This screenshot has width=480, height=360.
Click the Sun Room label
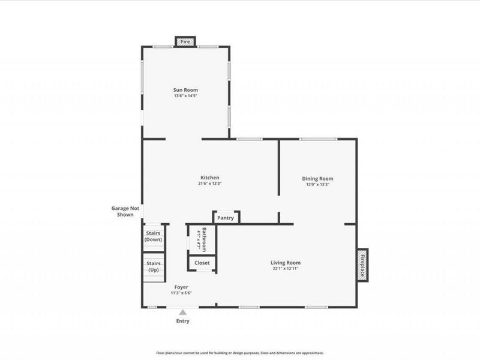tap(185, 89)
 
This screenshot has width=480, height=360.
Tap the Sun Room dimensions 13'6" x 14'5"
tap(185, 95)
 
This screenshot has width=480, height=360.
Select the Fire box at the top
tap(185, 42)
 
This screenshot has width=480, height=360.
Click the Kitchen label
tap(209, 178)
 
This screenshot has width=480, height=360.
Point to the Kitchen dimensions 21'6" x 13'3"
tap(209, 184)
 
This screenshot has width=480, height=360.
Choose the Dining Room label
tap(317, 178)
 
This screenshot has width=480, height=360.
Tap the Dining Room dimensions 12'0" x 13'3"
tap(317, 184)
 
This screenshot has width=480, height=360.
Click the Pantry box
tap(226, 218)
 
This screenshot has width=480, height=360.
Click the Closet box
tap(202, 263)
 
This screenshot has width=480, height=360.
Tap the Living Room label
tap(285, 262)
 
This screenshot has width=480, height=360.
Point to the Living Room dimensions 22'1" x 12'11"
tap(285, 269)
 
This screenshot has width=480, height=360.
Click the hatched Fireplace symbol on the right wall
tap(363, 265)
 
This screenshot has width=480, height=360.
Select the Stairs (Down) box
tap(153, 236)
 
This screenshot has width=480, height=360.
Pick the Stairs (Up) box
tap(153, 266)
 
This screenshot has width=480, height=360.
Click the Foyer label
tap(181, 287)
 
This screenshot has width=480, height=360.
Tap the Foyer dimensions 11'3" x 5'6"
tap(181, 293)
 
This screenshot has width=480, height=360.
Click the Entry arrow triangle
tap(182, 312)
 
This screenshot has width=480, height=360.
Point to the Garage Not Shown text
tap(125, 211)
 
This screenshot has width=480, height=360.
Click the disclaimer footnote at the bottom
tap(240, 353)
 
